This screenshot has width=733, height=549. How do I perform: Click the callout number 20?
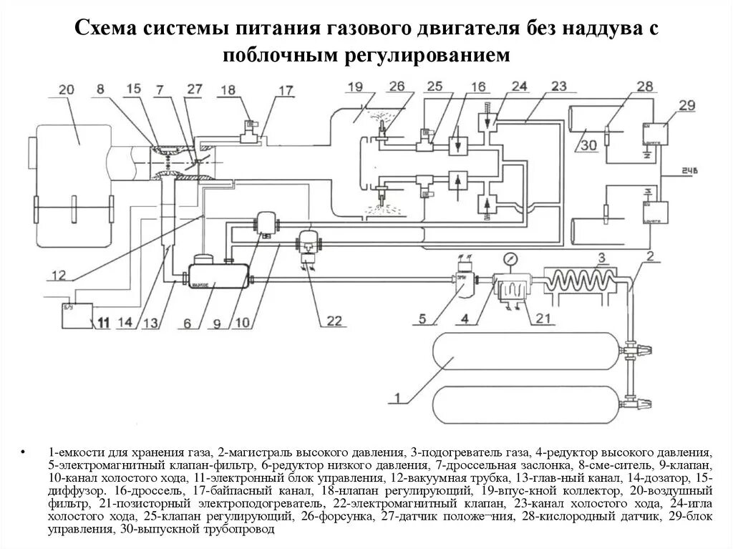click(x=66, y=90)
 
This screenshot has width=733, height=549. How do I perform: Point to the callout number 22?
click(x=334, y=320)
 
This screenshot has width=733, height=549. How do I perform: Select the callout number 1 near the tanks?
click(x=397, y=394)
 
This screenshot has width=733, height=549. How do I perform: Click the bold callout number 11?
click(x=104, y=324)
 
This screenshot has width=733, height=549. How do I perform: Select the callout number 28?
click(x=624, y=87)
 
